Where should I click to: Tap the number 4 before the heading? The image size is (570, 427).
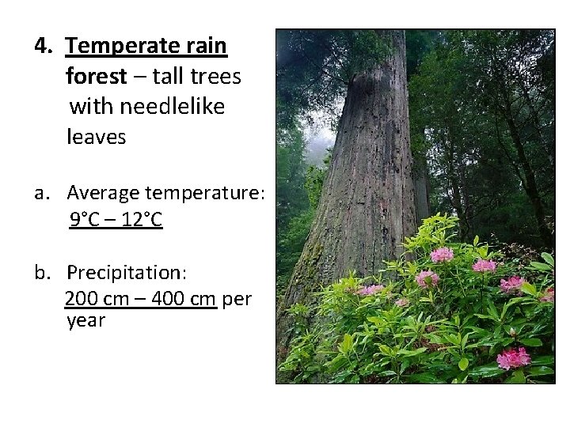(42, 46)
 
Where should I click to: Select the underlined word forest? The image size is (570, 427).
(96, 76)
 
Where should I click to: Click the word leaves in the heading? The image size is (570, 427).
(96, 136)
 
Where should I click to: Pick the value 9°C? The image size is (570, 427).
(86, 220)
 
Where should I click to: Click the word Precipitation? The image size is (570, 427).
(127, 273)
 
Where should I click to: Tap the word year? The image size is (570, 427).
(86, 320)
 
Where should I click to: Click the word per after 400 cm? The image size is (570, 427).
(237, 300)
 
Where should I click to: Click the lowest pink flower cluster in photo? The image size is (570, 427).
(513, 358)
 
